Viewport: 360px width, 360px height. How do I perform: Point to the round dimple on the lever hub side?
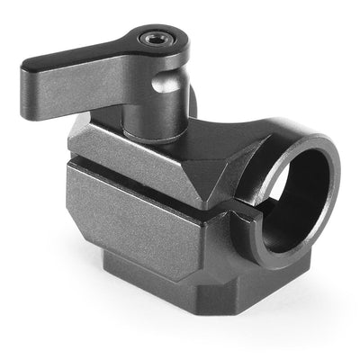point(161,85)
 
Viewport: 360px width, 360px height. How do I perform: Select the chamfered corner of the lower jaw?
point(216,243)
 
